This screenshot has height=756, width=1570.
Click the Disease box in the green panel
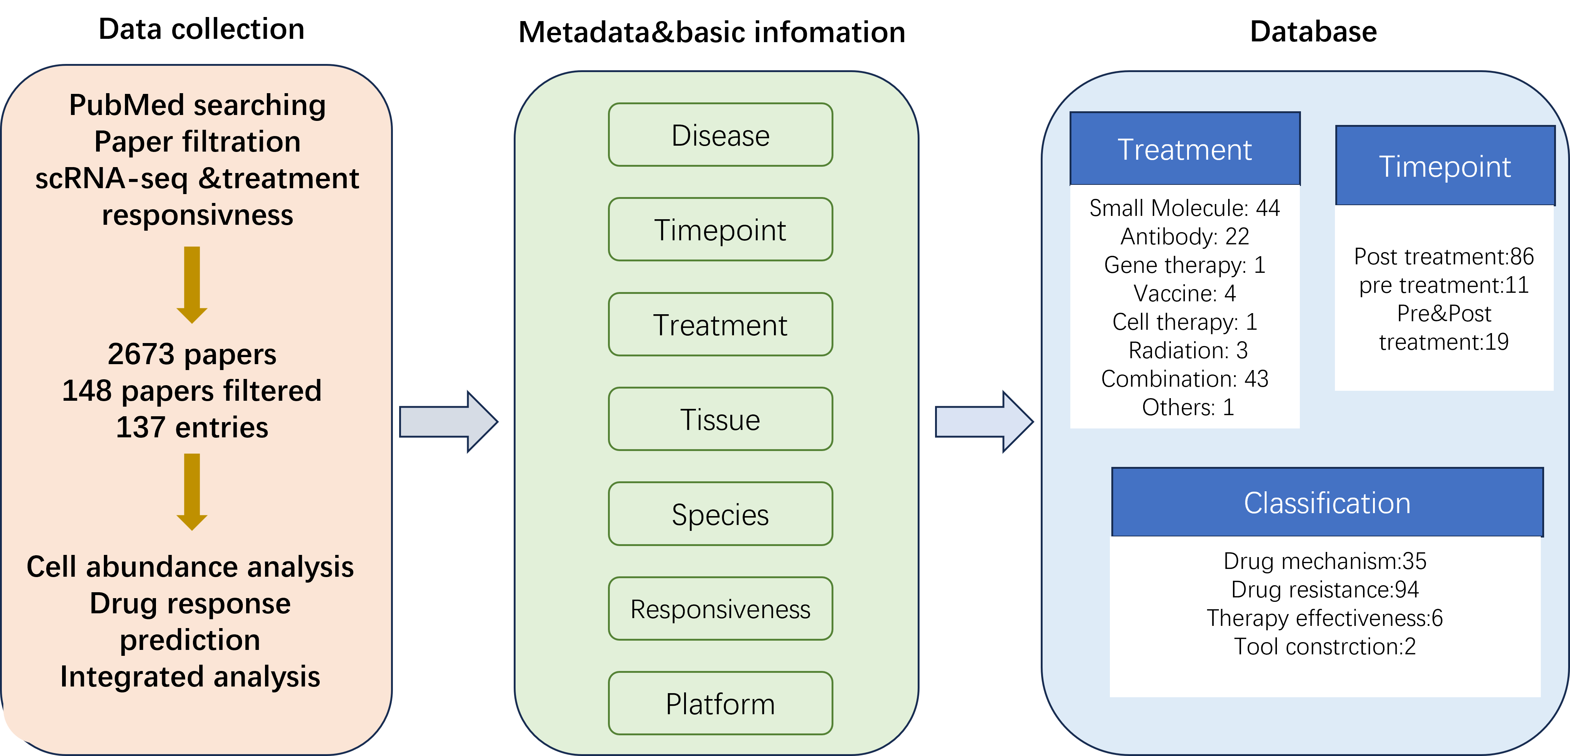tap(720, 135)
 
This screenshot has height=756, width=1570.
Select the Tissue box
tap(720, 419)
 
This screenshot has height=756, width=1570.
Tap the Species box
tap(720, 514)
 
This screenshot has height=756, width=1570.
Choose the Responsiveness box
tap(720, 608)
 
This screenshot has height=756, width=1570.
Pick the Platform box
tap(720, 704)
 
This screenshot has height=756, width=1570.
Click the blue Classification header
tap(1328, 502)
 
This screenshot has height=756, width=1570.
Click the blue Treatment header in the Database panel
tap(1185, 149)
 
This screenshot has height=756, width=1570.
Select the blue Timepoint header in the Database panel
tap(1445, 166)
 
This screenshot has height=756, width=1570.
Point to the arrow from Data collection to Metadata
tap(449, 422)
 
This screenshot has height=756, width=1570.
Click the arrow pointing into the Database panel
tap(984, 422)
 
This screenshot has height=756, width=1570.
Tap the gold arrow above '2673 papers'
tap(192, 285)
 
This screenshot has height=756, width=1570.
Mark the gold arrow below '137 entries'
tap(192, 492)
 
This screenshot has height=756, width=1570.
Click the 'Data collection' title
tap(202, 29)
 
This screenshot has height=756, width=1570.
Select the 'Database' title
tap(1314, 32)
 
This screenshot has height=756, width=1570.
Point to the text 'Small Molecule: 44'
tap(1185, 208)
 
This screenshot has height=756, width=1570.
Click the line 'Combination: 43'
tap(1185, 379)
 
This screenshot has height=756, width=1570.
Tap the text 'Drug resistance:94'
tap(1325, 590)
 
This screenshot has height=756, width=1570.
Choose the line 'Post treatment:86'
tap(1444, 257)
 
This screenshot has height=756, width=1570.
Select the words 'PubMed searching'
tap(197, 105)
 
